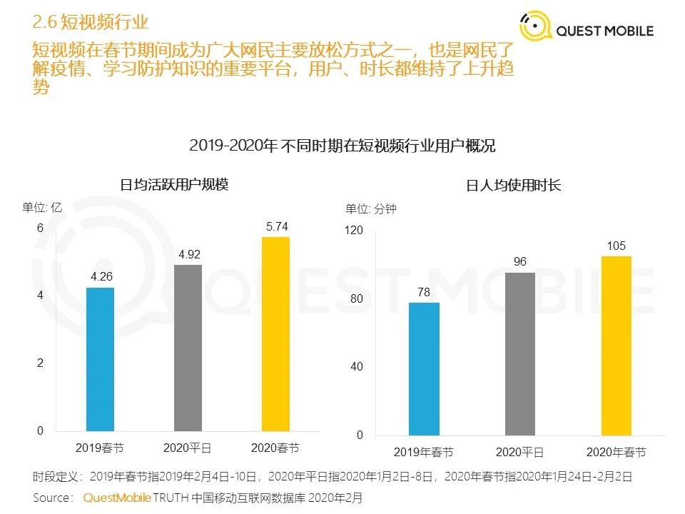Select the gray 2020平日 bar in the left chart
(x=188, y=348)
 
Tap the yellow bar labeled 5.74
(x=276, y=333)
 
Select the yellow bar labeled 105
(x=616, y=346)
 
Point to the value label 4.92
(x=188, y=254)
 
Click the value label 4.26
(x=100, y=277)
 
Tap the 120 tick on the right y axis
(x=355, y=231)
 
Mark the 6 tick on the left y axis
(x=41, y=228)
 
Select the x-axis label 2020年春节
(x=616, y=453)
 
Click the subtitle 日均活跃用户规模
(x=174, y=184)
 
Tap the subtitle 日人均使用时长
(x=514, y=186)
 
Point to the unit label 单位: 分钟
(x=371, y=209)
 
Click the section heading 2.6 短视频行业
(x=91, y=22)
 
